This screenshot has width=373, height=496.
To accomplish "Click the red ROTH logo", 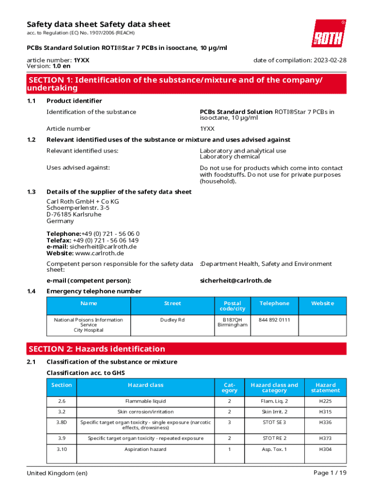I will [x=328, y=33].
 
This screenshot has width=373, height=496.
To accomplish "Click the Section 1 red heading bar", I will [x=186, y=84].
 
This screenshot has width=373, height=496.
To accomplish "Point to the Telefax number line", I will [x=93, y=240].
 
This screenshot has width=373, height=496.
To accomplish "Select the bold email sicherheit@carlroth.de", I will [x=235, y=280].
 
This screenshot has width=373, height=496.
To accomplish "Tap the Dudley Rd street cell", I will [x=172, y=320].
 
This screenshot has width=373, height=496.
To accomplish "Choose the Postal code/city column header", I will [x=233, y=306].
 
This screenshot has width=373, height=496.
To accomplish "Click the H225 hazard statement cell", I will [x=325, y=401].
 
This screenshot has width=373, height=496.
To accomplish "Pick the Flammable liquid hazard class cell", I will [x=145, y=401].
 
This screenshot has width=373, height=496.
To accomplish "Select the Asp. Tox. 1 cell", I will [x=275, y=449].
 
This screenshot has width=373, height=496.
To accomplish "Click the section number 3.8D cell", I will [x=61, y=422].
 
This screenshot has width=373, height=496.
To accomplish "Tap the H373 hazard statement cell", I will [x=325, y=438].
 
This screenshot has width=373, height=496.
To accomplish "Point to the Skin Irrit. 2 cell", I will [x=275, y=412].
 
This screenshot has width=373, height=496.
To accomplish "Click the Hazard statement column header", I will [x=325, y=387].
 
